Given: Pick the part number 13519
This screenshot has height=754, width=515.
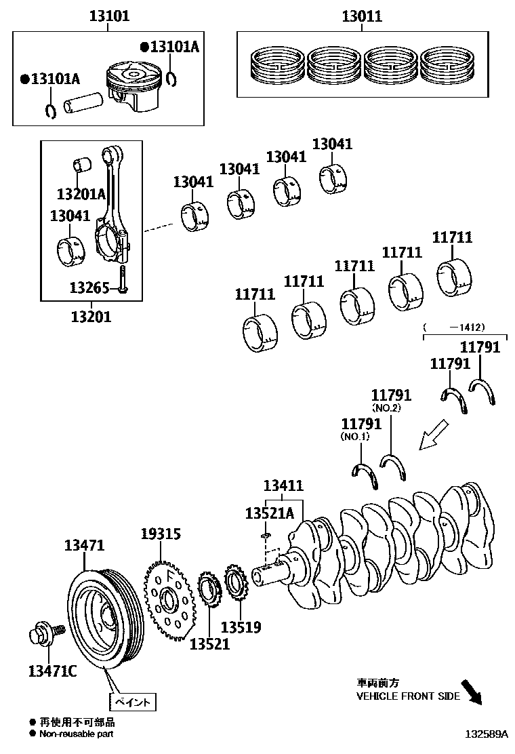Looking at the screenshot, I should tap(241, 627).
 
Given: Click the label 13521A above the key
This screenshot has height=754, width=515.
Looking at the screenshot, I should tap(270, 513).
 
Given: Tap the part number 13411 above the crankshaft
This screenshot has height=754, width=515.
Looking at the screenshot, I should tap(283, 485).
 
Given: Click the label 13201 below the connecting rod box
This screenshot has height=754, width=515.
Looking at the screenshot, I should tap(91, 316).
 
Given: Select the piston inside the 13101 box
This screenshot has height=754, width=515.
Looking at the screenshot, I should tap(132, 85).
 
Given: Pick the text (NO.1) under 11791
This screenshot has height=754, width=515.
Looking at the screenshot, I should tap(355, 437).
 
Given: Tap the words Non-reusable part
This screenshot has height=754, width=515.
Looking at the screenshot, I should tap(76, 734).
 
